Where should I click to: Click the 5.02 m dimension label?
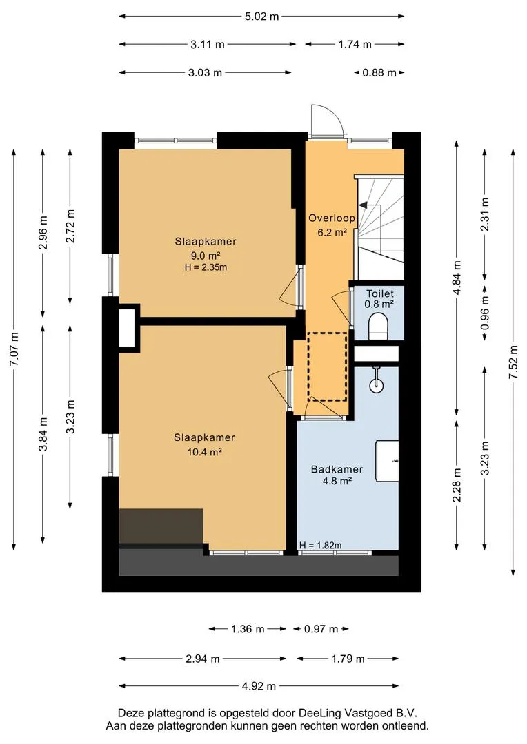[261, 17]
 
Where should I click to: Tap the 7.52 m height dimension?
[513, 362]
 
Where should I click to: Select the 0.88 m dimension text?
[379, 73]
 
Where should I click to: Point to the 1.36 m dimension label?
[247, 629]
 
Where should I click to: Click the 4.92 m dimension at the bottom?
[259, 686]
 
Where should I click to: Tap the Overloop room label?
[332, 218]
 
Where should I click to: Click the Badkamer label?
[337, 469]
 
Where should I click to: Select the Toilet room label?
[379, 293]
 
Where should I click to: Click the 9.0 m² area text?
[206, 256]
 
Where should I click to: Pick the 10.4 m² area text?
[205, 452]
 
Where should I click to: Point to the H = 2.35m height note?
[206, 267]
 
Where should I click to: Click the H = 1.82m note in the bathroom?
[321, 545]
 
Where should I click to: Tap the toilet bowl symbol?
[379, 327]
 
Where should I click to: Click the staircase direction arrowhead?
[363, 205]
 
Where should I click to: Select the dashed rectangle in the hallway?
[327, 366]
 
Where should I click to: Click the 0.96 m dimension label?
[485, 313]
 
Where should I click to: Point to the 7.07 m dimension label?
[14, 349]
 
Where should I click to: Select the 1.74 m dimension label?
[355, 45]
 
